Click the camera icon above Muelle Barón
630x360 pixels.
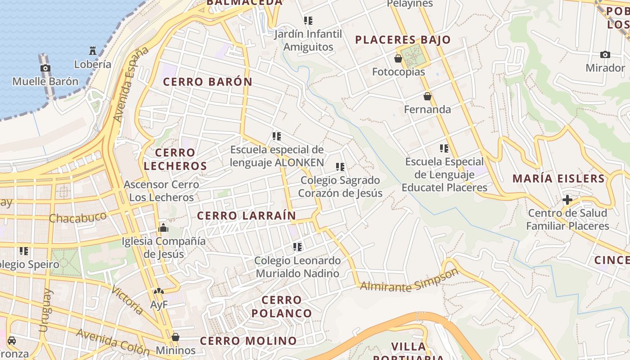[x=45, y=68]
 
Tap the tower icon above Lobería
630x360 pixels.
[x=93, y=50]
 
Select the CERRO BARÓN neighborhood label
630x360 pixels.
[x=207, y=82]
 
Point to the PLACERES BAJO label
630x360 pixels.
[x=403, y=40]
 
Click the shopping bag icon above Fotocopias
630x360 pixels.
[x=398, y=58]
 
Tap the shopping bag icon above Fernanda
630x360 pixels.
[x=427, y=96]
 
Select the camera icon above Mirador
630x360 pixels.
[x=605, y=55]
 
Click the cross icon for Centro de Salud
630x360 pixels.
[x=567, y=199]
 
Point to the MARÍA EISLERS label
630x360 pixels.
[x=558, y=179]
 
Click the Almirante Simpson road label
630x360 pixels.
[x=409, y=281]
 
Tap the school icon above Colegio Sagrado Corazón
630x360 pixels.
[x=340, y=167]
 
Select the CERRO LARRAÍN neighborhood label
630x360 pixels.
[x=247, y=216]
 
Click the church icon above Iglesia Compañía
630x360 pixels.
[x=163, y=228]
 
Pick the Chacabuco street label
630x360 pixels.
[x=78, y=217]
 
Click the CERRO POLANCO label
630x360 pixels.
[x=282, y=306]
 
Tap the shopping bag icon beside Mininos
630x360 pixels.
[x=175, y=337]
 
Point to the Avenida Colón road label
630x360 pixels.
[x=112, y=341]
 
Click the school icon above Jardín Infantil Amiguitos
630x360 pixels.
[x=308, y=21]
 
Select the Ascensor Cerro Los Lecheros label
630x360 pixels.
[x=161, y=191]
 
